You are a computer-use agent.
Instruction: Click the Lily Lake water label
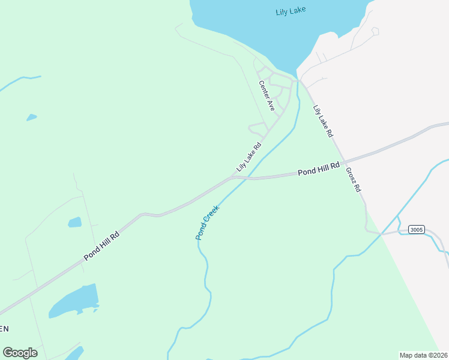coord(291,11)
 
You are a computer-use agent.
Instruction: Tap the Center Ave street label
coord(267,95)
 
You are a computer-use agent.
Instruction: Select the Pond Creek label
coord(208,223)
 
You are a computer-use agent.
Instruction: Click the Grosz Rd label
coord(353,179)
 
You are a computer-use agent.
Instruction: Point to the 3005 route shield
coord(416,230)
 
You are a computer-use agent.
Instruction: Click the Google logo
coord(20,353)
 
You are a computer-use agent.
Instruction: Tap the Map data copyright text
coord(424,355)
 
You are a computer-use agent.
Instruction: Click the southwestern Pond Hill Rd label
coord(101,246)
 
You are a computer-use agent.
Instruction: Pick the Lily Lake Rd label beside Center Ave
coord(249,157)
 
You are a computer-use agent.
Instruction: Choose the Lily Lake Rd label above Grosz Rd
coord(322,121)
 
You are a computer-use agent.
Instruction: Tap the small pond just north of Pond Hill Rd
coord(74,222)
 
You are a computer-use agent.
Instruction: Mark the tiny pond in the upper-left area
coord(31,118)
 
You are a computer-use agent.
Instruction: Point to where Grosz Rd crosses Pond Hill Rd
coord(344,161)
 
